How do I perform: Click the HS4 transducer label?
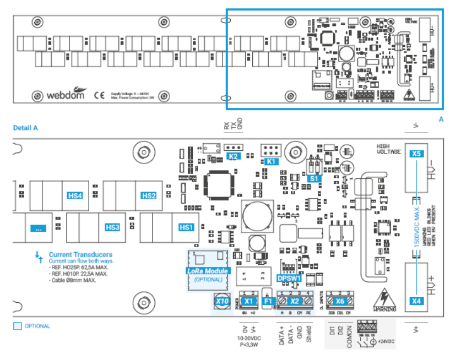click(75, 195)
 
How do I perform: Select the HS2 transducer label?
click(149, 195)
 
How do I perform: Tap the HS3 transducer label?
click(112, 227)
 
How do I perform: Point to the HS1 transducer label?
click(186, 227)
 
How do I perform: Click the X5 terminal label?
click(416, 154)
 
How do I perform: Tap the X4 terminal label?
click(416, 301)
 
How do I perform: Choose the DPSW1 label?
click(289, 279)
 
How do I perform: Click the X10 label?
click(222, 302)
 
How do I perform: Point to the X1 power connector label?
click(248, 301)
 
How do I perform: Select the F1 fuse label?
click(268, 301)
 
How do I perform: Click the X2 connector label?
click(294, 301)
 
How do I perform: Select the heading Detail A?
click(25, 128)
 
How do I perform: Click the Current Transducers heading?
click(80, 254)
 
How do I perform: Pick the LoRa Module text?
click(208, 271)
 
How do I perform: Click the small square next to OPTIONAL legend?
click(17, 326)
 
